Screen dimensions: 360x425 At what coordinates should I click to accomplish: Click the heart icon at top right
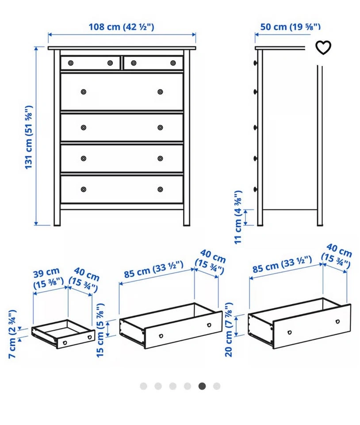click(323, 47)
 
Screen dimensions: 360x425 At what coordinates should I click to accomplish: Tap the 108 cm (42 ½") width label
click(121, 27)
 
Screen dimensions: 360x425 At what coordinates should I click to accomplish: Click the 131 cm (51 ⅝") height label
click(28, 137)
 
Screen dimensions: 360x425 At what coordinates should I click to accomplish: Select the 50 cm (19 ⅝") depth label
click(291, 27)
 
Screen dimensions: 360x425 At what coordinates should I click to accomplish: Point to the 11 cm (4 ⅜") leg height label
click(238, 217)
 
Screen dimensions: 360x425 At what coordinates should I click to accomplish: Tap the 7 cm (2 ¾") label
click(12, 334)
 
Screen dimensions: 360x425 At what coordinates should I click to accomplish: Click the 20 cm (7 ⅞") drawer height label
click(229, 329)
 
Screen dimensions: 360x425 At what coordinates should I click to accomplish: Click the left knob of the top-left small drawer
click(71, 63)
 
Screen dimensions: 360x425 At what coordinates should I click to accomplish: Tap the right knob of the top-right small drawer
click(173, 63)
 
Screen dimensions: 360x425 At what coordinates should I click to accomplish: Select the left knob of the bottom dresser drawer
click(84, 189)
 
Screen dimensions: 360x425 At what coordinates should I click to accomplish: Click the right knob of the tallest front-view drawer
click(160, 92)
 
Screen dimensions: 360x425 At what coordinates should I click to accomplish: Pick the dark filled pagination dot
click(202, 386)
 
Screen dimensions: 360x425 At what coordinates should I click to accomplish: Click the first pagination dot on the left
click(143, 386)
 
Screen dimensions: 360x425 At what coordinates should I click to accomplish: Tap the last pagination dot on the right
click(217, 386)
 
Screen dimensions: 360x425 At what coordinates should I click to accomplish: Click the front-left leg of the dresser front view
click(57, 217)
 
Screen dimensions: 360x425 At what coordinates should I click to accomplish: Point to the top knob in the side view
click(255, 63)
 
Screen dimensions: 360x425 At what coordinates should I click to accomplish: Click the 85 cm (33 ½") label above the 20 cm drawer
click(282, 264)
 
